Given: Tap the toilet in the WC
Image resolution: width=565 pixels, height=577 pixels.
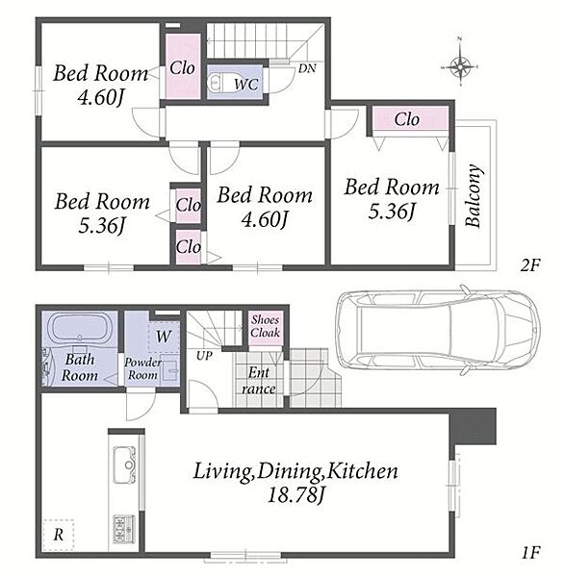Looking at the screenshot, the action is click(x=215, y=82).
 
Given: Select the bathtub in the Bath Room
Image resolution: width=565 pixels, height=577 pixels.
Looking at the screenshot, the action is click(x=79, y=327).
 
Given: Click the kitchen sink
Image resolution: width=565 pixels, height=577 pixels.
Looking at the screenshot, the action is click(x=125, y=464).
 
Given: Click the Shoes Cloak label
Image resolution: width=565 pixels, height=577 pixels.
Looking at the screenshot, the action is click(x=265, y=326).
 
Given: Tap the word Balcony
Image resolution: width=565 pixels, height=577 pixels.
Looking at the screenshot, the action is click(x=473, y=195).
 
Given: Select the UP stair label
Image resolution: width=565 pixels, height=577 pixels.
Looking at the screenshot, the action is click(x=204, y=356).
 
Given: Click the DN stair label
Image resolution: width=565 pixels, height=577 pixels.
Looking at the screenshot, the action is click(x=307, y=68).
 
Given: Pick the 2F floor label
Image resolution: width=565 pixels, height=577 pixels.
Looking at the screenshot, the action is click(x=529, y=265).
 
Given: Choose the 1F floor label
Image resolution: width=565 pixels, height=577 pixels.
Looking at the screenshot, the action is click(x=530, y=552).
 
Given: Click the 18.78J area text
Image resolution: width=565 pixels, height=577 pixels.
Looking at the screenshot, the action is click(x=296, y=495).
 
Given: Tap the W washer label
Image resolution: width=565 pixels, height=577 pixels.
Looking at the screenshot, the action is click(x=164, y=337).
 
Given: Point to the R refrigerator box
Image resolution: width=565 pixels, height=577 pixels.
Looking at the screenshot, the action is click(x=59, y=535).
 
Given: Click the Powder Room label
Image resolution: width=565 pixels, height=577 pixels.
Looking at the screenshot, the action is click(x=142, y=368).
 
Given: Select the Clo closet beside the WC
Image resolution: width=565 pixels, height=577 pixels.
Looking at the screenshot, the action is click(x=182, y=66).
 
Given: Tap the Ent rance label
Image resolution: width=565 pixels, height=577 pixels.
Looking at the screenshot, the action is click(x=259, y=381).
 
